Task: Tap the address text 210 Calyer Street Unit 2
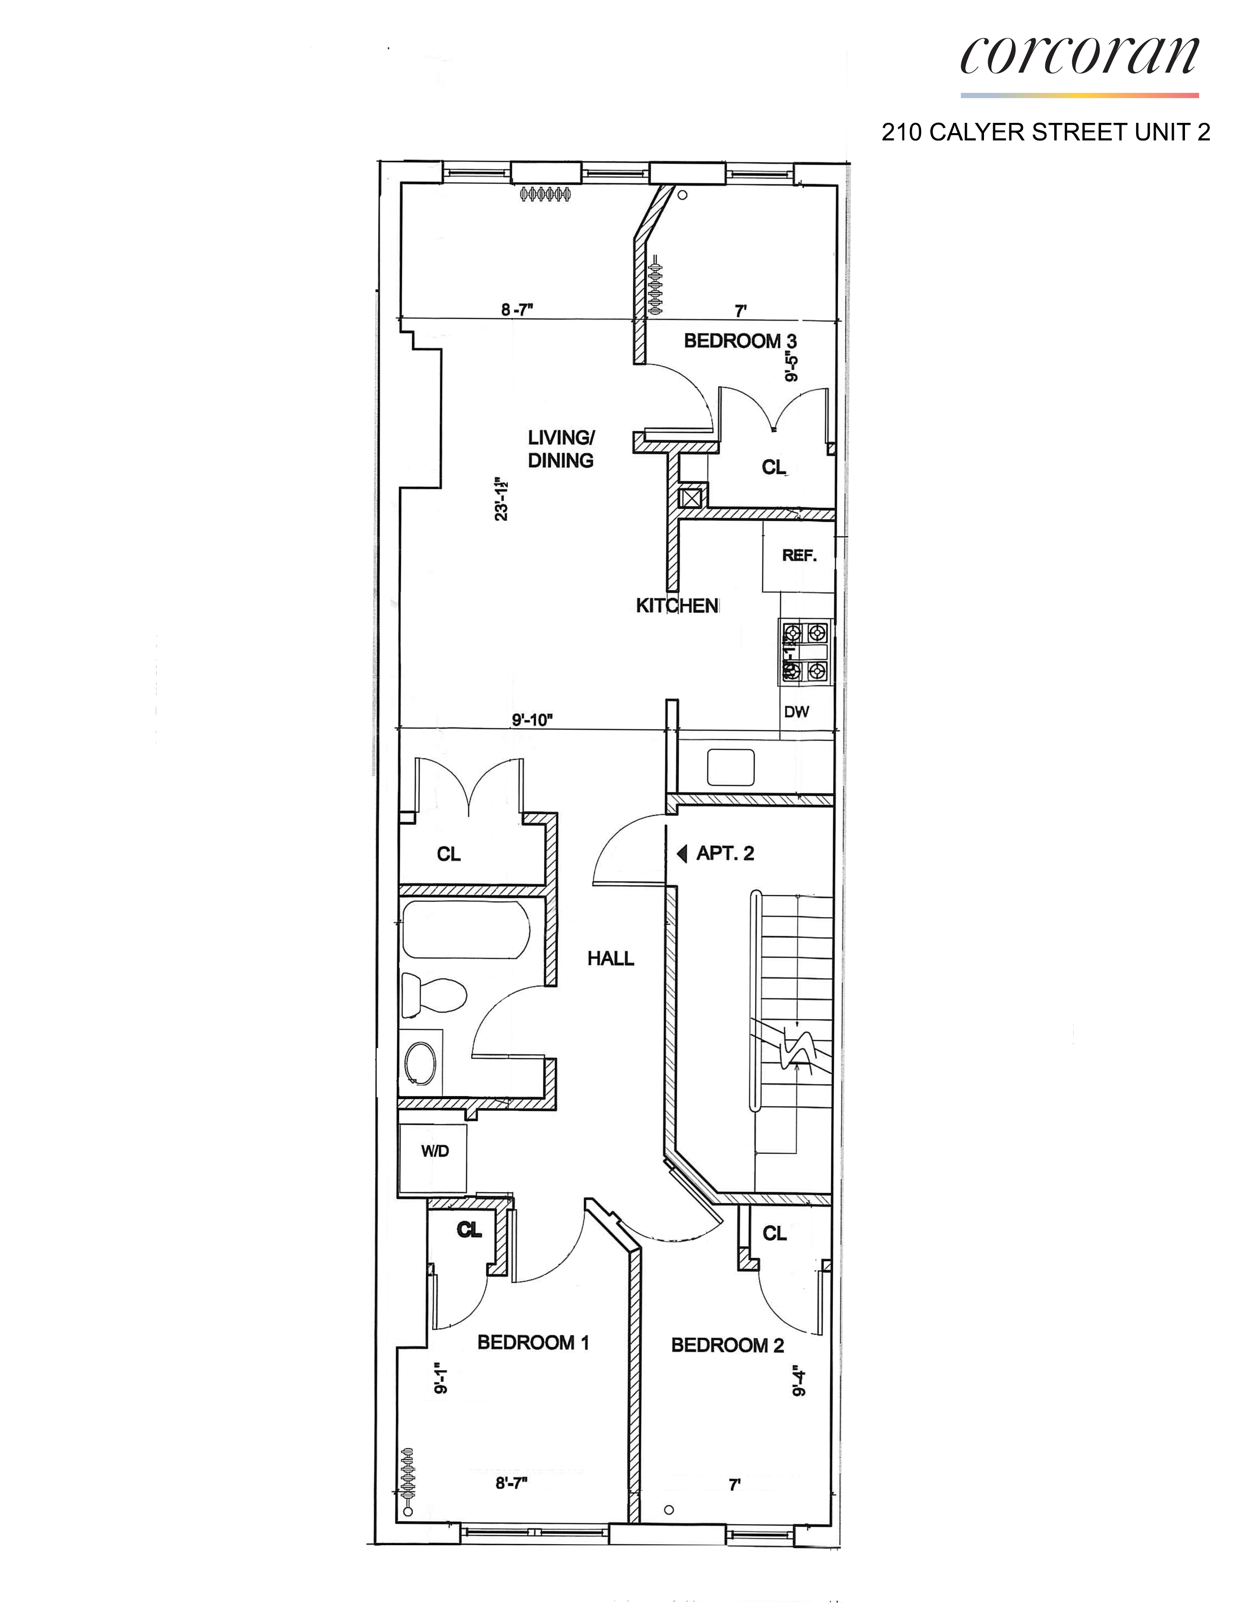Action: pos(1045,133)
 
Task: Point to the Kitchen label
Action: pos(677,606)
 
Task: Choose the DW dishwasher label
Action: pos(796,712)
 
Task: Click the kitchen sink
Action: pos(730,767)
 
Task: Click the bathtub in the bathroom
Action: pos(466,930)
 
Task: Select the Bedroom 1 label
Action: pos(533,1342)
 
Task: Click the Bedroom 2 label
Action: pos(727,1345)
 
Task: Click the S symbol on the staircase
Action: pos(798,1049)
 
